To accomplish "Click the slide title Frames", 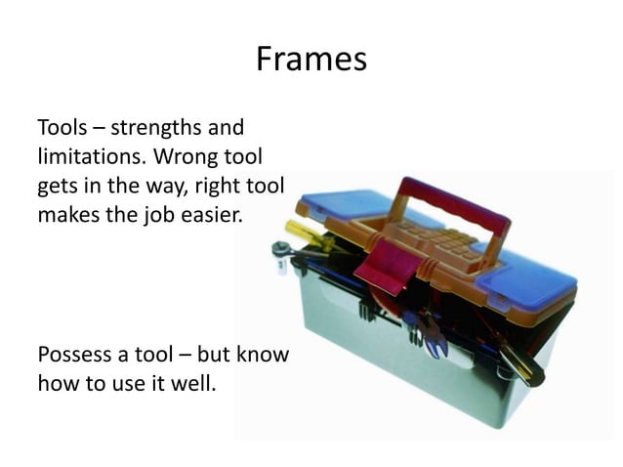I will click(311, 60).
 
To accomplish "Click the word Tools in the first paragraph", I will click(62, 128).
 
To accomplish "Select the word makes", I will click(65, 213).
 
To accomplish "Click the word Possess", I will click(74, 354).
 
